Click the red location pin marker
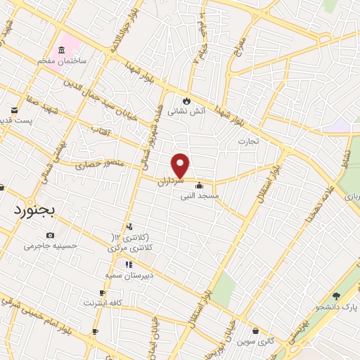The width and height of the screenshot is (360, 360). (x=181, y=165)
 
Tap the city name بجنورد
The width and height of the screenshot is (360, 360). (x=37, y=210)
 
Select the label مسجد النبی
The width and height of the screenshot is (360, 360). (x=200, y=196)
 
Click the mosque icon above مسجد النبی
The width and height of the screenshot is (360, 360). (x=200, y=186)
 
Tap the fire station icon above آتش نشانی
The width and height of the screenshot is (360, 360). (x=186, y=100)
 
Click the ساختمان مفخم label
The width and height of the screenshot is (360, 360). (x=63, y=61)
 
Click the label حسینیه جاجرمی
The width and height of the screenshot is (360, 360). (x=51, y=246)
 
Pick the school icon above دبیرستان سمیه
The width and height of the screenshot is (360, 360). (x=129, y=264)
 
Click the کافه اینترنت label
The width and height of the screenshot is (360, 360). (x=103, y=302)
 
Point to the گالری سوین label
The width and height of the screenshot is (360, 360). (x=255, y=342)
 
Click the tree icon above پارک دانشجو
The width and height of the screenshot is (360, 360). (x=336, y=295)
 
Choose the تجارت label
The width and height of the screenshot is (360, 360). (x=247, y=141)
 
